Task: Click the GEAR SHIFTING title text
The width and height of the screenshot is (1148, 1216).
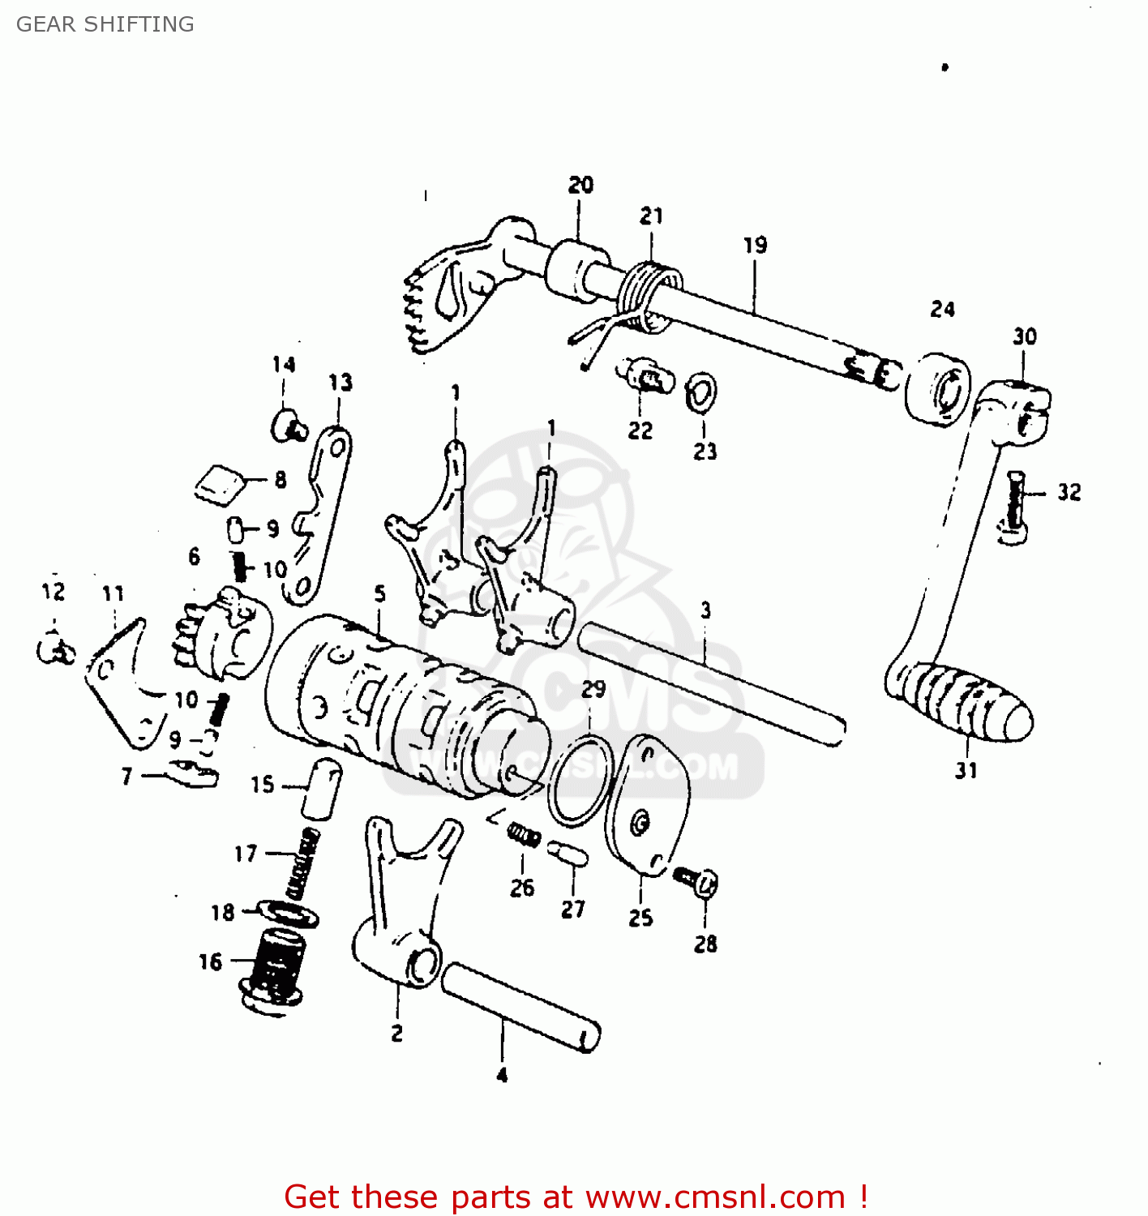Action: (x=105, y=24)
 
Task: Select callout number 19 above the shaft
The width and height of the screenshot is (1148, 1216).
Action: (x=755, y=245)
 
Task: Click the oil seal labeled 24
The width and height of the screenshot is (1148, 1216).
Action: (x=938, y=388)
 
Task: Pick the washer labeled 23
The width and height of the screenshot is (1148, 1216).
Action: (x=700, y=392)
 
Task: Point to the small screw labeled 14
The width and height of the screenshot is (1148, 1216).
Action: (x=288, y=424)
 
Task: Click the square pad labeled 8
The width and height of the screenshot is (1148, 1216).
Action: (x=220, y=485)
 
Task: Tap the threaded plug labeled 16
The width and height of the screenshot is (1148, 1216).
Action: (x=273, y=969)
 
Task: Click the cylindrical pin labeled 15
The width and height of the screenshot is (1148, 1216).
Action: (x=322, y=789)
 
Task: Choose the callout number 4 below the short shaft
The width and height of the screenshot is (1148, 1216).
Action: (x=502, y=1075)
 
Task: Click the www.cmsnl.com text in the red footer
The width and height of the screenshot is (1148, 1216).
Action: (x=715, y=1197)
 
